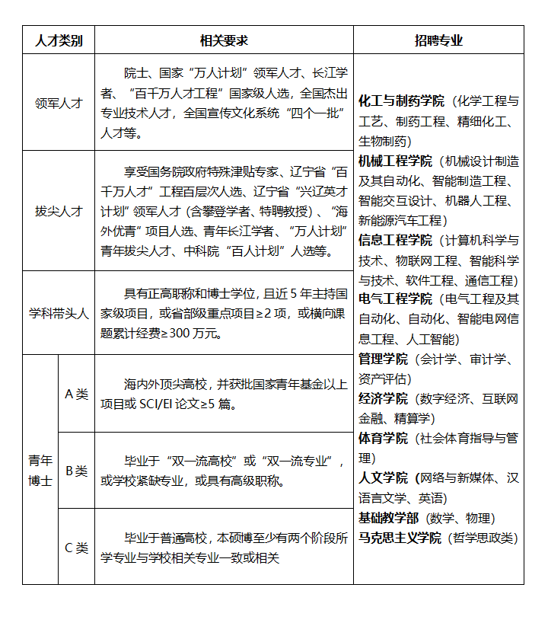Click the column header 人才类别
pos(59,40)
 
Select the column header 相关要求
pos(224,40)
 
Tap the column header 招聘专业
pos(438,40)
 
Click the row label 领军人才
pos(59,103)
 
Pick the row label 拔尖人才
pos(59,211)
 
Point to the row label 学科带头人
pos(59,313)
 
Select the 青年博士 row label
pos(40,470)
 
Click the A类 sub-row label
pos(76,394)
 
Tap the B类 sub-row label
pos(76,471)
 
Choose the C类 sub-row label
pos(76,547)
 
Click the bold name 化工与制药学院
pos(401,101)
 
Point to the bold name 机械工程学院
pos(395,161)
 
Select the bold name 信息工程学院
pos(395,240)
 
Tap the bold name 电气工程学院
pos(395,299)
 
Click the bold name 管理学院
pos(383,359)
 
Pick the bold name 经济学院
pos(383,398)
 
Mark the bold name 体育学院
pos(383,438)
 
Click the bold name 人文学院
pos(383,478)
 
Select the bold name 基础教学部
pos(389,518)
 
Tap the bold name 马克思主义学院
pos(401,538)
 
